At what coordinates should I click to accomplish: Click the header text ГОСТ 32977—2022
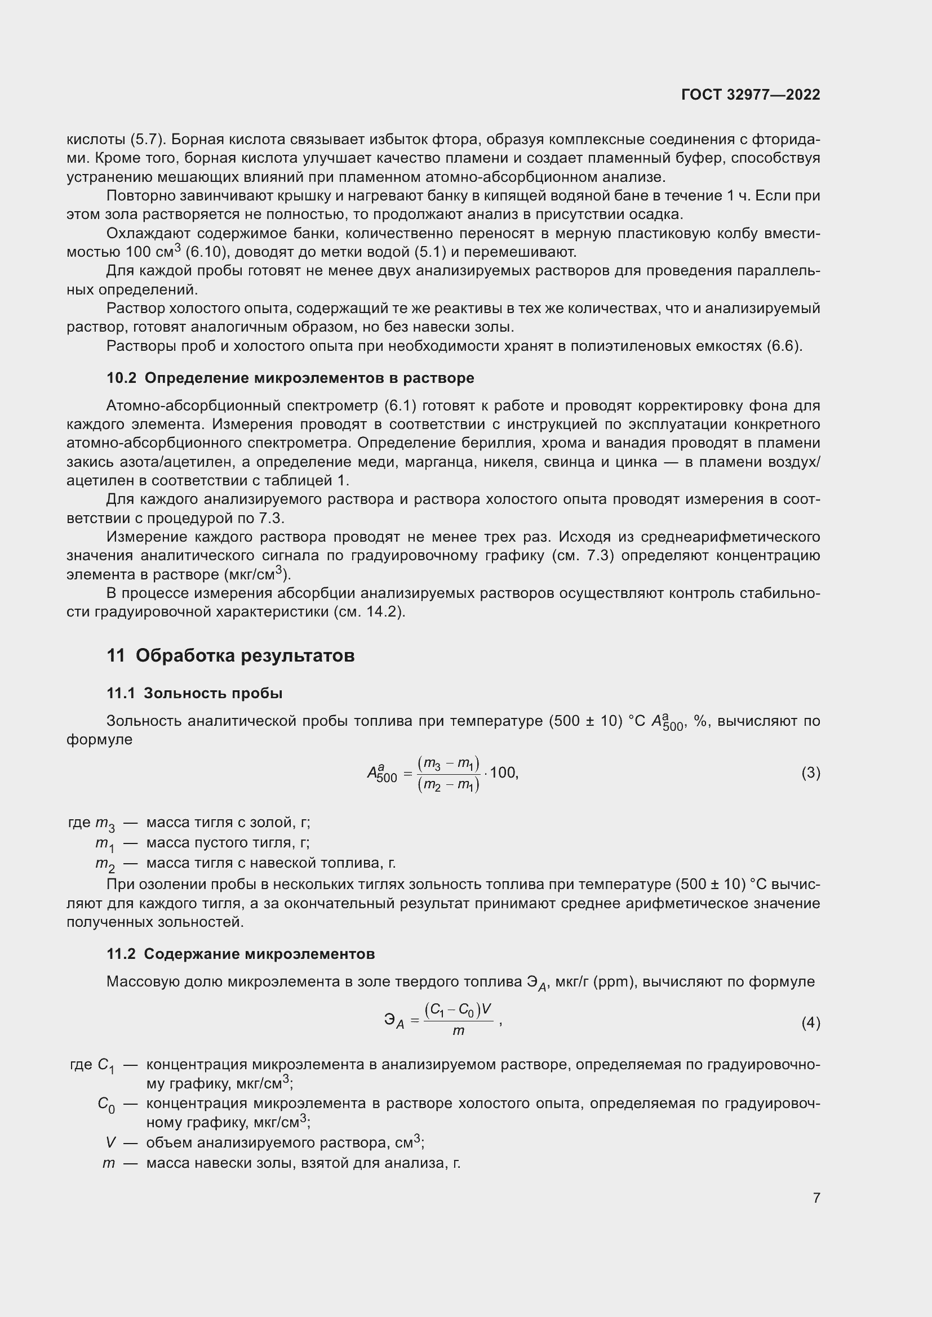(751, 95)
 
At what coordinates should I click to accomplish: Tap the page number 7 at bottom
(816, 1198)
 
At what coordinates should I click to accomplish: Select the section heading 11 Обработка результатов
(230, 655)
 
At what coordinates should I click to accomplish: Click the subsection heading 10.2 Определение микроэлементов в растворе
(290, 378)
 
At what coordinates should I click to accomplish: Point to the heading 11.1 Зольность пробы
(194, 694)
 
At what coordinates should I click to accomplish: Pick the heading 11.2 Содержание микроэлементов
(241, 954)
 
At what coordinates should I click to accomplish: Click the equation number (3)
(810, 773)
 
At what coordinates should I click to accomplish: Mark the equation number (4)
(810, 1022)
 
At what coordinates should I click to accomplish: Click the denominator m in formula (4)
(458, 1032)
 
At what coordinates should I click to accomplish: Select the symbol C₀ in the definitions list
(105, 1104)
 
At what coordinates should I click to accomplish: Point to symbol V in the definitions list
(110, 1142)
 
